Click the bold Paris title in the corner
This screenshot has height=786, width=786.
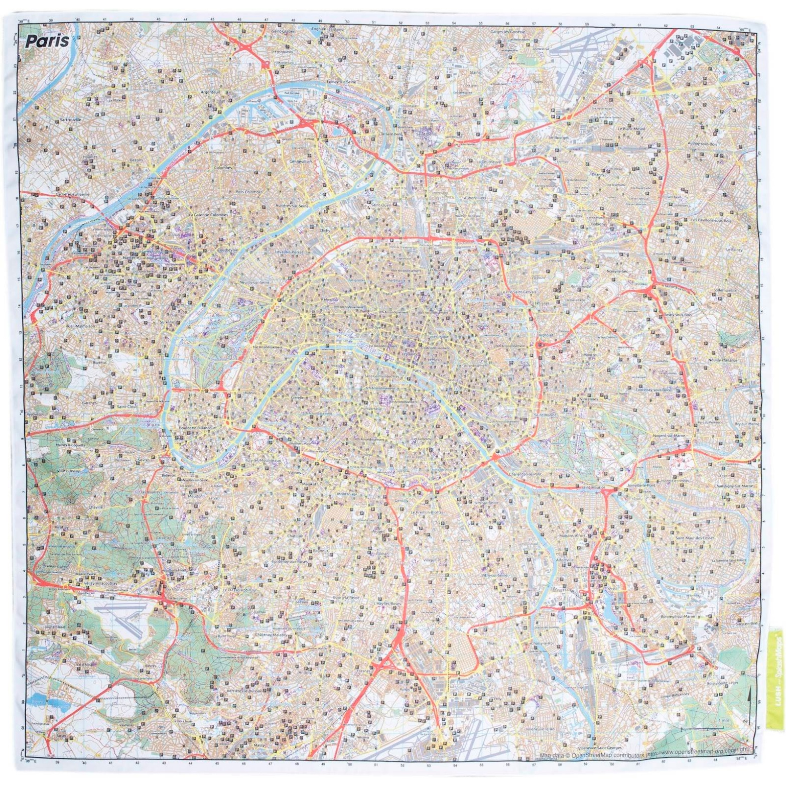pyautogui.click(x=48, y=41)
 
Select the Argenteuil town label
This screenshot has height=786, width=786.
pyautogui.click(x=211, y=92)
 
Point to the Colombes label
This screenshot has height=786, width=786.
pyautogui.click(x=223, y=168)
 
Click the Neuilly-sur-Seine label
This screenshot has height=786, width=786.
pyautogui.click(x=255, y=283)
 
